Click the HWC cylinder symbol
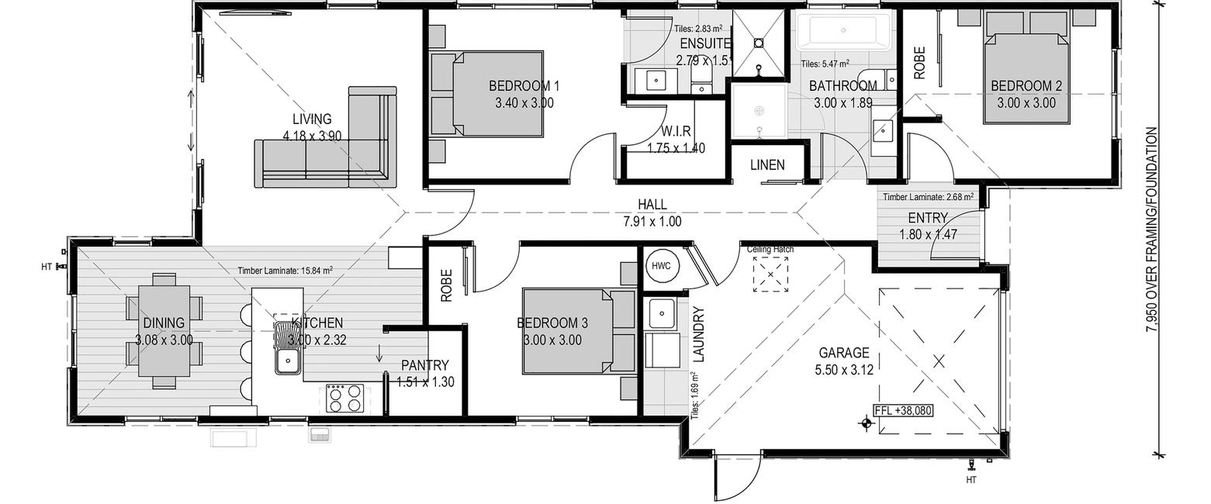(x=661, y=266)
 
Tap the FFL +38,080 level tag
(x=902, y=410)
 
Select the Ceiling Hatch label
(x=770, y=250)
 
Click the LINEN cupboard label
(x=767, y=164)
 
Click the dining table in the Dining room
(x=164, y=331)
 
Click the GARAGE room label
(x=844, y=354)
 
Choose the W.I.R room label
(x=676, y=131)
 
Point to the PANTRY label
(x=425, y=365)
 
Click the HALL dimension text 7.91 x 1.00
(x=652, y=222)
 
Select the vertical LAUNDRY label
(x=698, y=334)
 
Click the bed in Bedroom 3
(x=579, y=331)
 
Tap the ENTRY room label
(x=928, y=218)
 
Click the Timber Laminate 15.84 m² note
(x=285, y=271)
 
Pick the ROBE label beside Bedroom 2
(x=919, y=64)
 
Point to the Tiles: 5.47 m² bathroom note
(x=825, y=64)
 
